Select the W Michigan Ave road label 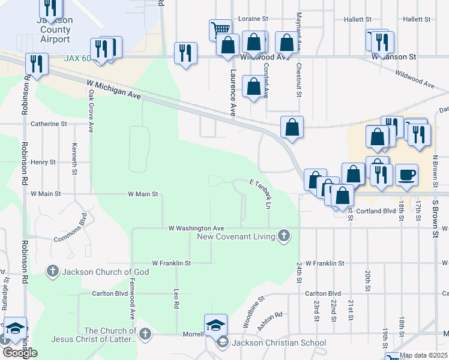pyautogui.click(x=113, y=91)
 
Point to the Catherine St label pyautogui.click(x=49, y=124)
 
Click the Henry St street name pyautogui.click(x=43, y=162)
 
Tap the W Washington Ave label pyautogui.click(x=196, y=228)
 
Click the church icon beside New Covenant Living pyautogui.click(x=284, y=236)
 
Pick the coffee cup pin pyautogui.click(x=406, y=175)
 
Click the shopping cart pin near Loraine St pyautogui.click(x=220, y=29)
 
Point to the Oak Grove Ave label pyautogui.click(x=91, y=110)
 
